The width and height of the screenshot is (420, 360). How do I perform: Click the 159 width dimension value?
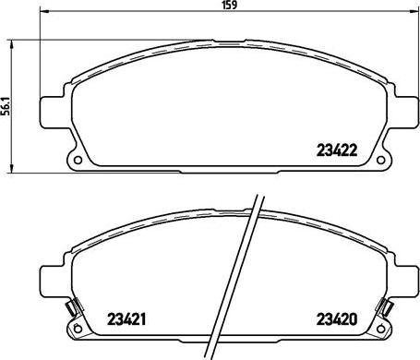230,5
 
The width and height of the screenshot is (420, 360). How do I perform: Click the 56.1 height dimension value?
6,105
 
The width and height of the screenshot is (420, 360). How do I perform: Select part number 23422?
337,150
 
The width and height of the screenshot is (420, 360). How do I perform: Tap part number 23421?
126,319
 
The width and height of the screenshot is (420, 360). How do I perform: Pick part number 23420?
337,319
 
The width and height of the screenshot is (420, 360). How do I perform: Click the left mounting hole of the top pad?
78,160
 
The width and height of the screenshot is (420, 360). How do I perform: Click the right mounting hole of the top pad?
380,160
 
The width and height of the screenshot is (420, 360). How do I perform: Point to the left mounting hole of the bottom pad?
78,329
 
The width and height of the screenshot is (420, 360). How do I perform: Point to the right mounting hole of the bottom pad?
380,329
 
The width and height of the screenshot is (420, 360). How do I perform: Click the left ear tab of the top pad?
53,113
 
